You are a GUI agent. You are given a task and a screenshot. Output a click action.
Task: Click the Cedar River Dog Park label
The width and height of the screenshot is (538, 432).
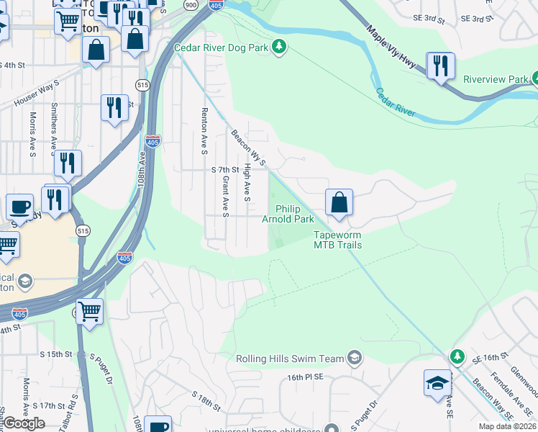point(222,48)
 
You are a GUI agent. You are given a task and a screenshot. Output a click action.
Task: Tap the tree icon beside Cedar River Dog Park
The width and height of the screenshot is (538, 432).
point(280,48)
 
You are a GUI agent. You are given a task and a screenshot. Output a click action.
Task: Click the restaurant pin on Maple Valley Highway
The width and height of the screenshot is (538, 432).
point(439,66)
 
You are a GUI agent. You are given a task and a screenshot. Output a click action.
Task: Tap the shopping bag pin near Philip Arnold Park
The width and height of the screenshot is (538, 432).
point(339,202)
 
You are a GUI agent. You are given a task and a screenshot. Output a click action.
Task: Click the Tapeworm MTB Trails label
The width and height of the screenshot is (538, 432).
point(337,240)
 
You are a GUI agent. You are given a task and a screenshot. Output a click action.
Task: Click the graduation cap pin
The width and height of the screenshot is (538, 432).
point(437,384)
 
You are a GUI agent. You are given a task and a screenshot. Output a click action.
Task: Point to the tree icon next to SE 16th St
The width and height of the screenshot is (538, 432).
point(457,356)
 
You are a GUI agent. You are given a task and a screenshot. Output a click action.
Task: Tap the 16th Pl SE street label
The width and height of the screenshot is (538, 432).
point(306,377)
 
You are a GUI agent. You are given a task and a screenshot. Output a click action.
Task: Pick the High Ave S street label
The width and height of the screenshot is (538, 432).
point(247,181)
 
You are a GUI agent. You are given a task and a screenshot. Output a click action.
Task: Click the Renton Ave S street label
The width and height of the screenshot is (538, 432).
point(204,122)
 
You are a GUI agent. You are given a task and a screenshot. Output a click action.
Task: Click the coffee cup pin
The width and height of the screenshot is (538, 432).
point(19,207)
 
